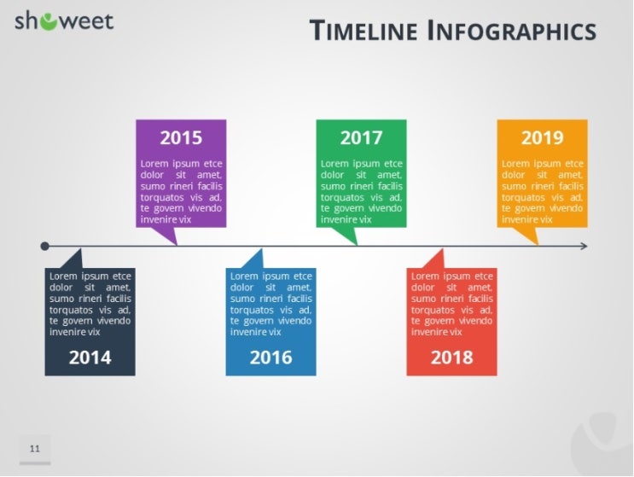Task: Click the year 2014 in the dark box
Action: coord(90,358)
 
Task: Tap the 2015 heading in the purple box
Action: coord(181,137)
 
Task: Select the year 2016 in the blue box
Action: coord(270,358)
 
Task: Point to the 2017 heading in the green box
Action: coord(361,137)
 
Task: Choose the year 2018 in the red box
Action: coord(451,358)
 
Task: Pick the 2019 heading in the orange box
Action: coord(542,137)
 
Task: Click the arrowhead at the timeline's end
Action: coord(584,246)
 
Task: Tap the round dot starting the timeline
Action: coord(44,246)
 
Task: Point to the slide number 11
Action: coord(35,448)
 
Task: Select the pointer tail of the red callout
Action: coord(438,259)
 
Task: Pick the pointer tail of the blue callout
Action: coord(257,259)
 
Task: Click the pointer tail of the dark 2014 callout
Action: coord(76,259)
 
